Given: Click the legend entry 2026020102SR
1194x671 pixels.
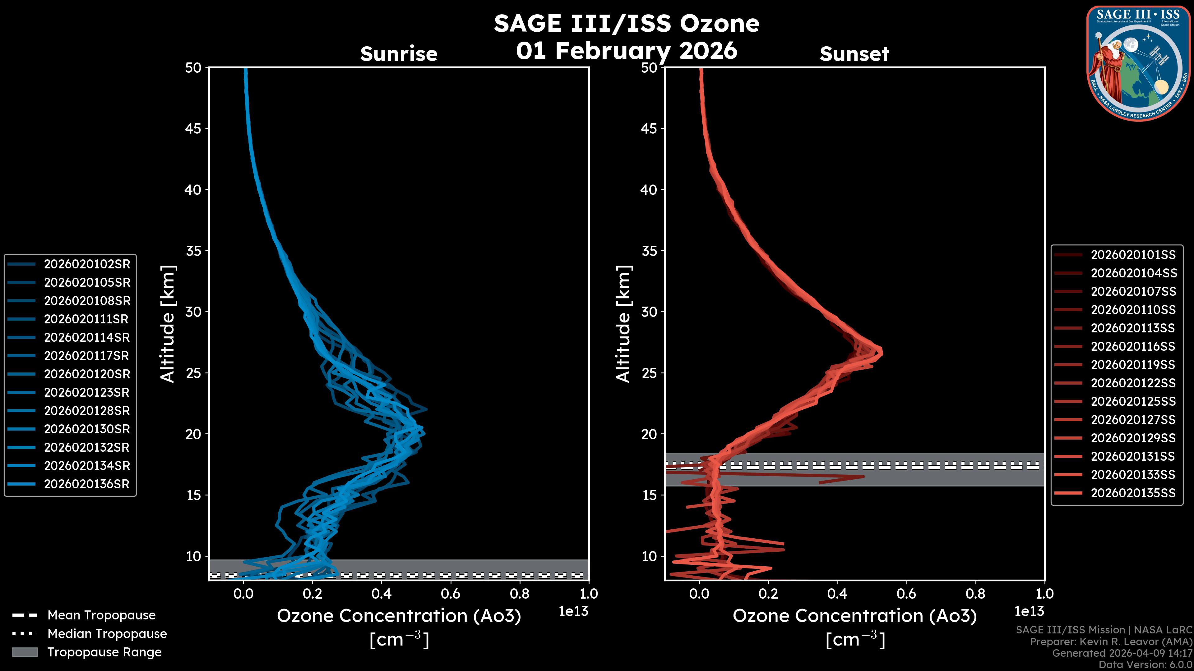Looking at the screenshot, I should (87, 264).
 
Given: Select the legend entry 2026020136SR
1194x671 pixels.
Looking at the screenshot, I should (87, 484).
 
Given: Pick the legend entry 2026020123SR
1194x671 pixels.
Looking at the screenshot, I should (87, 392).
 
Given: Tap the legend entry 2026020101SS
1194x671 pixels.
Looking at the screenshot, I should (1133, 255).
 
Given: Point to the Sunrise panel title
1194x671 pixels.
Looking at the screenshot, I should (399, 54).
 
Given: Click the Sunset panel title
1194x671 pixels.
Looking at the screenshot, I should (854, 54).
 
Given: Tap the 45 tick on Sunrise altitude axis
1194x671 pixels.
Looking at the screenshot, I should (193, 128).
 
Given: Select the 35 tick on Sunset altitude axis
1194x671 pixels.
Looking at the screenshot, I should (649, 250).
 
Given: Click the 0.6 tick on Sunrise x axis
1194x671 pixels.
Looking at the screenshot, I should (451, 593).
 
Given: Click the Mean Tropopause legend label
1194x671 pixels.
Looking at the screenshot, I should (101, 615).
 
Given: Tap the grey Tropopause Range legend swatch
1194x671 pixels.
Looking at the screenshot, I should (25, 652).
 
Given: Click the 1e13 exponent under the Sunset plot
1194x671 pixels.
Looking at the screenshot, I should (1029, 611).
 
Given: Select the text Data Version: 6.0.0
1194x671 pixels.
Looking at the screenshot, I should (1145, 664).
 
